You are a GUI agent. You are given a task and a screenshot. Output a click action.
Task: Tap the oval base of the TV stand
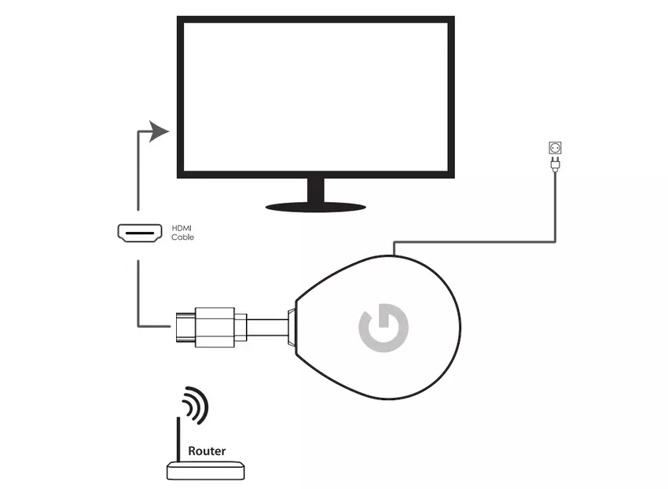[316, 207]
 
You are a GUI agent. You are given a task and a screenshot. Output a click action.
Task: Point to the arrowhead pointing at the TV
[160, 131]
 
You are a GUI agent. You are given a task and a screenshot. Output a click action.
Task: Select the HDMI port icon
[140, 233]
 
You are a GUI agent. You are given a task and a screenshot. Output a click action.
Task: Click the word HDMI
[182, 228]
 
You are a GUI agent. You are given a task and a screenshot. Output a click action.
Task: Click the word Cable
[182, 237]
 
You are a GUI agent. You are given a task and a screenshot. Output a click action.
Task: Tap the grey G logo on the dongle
[383, 329]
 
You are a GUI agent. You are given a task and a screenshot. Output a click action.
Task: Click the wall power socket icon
[554, 148]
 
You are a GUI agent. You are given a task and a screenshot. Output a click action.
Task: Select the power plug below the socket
[554, 164]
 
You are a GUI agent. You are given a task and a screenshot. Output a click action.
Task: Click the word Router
[207, 451]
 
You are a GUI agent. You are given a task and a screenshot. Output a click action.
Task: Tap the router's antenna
[178, 440]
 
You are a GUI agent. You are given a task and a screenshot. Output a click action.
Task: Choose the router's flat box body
[206, 471]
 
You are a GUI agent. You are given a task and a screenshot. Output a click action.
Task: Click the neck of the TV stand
[316, 189]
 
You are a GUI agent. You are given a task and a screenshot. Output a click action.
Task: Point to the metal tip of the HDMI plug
[183, 325]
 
